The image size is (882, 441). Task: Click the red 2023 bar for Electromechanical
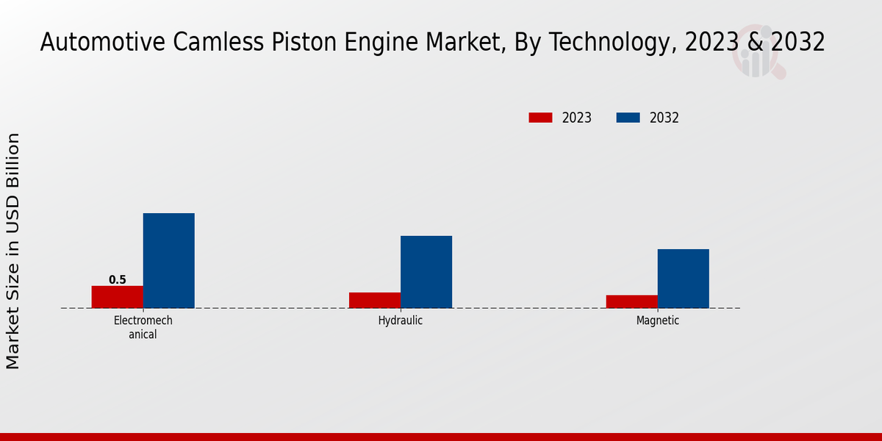117,297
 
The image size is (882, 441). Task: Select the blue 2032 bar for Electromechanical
168,260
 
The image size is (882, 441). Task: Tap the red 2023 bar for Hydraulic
375,300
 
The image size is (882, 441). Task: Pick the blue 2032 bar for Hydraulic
426,272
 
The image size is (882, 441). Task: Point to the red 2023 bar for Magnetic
632,301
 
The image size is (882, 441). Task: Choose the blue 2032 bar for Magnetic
684,279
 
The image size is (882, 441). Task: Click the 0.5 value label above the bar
118,280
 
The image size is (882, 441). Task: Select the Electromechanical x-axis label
143,327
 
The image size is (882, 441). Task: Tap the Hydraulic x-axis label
401,321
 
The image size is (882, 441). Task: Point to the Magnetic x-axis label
658,321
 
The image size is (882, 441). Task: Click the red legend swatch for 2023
540,118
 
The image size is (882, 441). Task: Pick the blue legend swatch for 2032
628,118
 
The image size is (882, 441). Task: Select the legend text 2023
577,118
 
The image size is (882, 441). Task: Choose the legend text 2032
664,118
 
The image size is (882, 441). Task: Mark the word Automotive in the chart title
103,43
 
